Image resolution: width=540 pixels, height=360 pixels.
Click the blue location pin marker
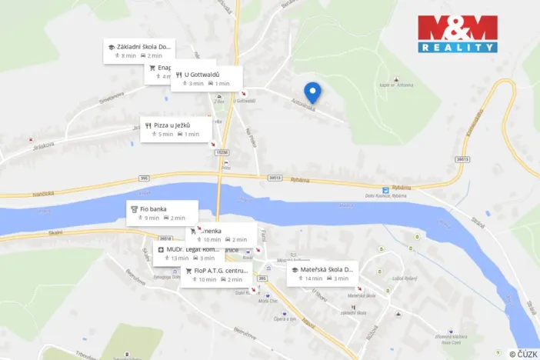pos(312,92)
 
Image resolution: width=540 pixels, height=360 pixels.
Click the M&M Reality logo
pos(457,34)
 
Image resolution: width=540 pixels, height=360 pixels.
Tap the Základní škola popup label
pos(138,51)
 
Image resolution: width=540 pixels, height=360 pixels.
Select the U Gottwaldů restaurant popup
pos(206,78)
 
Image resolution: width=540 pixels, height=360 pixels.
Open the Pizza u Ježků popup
pos(176,128)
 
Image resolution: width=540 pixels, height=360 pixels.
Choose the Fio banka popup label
pos(162,212)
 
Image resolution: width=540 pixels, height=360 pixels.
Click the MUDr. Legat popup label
pos(188,253)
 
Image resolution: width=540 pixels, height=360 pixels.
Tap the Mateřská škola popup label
pos(322,273)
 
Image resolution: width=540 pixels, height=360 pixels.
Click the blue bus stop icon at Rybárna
pos(386,190)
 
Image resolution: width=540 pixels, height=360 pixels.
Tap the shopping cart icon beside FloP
pos(188,271)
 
